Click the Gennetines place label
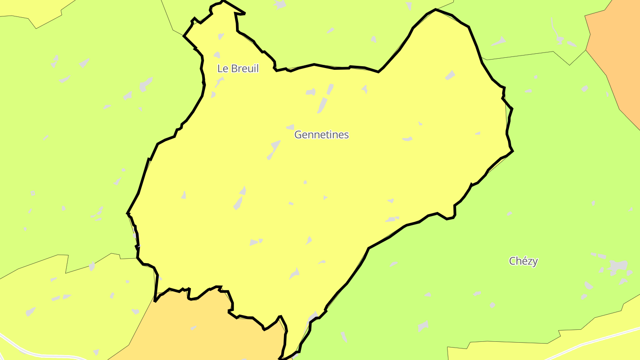(x=321, y=135)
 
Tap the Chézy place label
(x=523, y=261)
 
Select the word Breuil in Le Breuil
(x=244, y=68)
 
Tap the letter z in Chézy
(x=529, y=261)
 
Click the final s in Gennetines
(x=346, y=135)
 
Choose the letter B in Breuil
(x=233, y=68)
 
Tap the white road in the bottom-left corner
(x=27, y=351)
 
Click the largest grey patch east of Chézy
(x=618, y=267)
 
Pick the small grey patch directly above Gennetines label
(x=290, y=127)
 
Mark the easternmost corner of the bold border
(x=513, y=151)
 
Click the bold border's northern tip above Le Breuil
(x=223, y=1)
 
